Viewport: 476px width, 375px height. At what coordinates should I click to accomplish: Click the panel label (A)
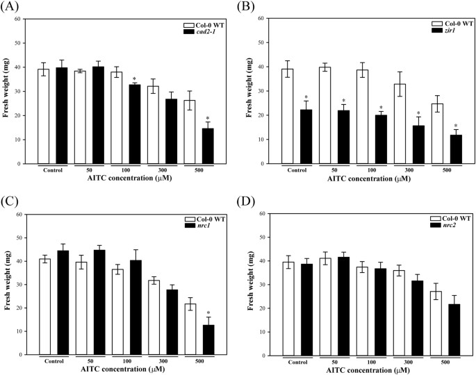tap(10, 7)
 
